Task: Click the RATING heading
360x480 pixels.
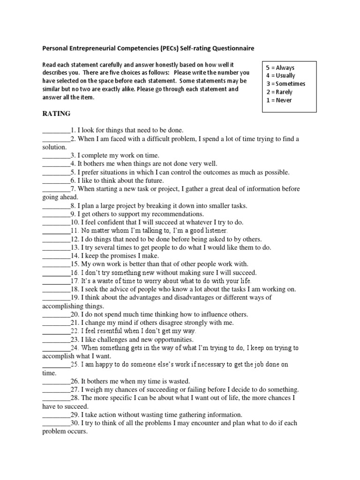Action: click(56, 113)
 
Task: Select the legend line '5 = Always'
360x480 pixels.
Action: click(280, 68)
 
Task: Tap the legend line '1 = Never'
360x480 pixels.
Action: click(278, 100)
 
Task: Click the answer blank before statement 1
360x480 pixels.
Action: click(56, 130)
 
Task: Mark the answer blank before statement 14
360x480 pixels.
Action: click(56, 256)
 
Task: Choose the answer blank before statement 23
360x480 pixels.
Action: click(56, 339)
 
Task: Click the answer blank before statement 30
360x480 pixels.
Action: click(56, 423)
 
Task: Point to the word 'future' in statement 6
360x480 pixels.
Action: click(152, 180)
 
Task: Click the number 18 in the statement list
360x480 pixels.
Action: click(75, 289)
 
